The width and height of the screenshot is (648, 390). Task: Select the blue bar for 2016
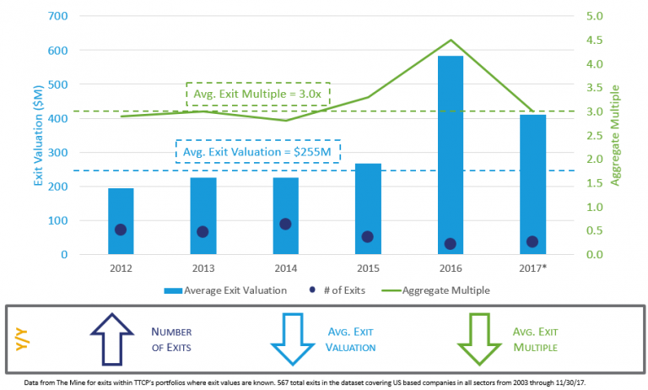pyautogui.click(x=450, y=152)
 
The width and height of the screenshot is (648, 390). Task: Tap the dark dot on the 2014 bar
pyautogui.click(x=285, y=224)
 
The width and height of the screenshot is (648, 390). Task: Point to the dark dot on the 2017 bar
pyautogui.click(x=532, y=241)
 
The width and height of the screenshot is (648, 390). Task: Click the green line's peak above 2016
pyautogui.click(x=451, y=41)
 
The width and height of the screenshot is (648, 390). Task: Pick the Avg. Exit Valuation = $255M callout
pyautogui.click(x=257, y=151)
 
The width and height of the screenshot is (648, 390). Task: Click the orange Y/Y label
pyautogui.click(x=20, y=340)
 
